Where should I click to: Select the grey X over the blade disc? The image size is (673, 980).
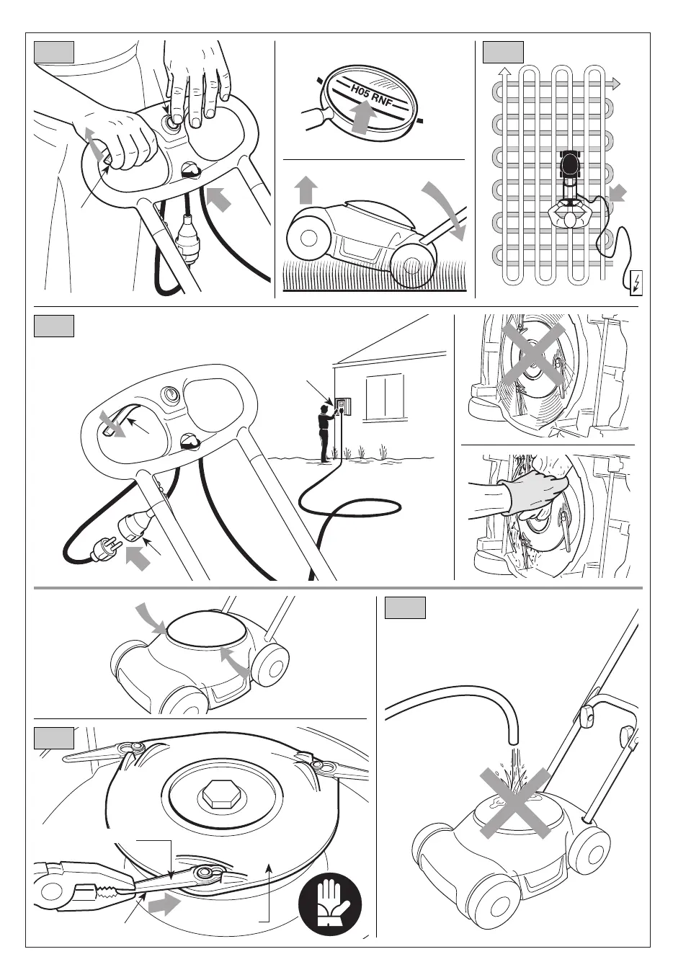coord(534,356)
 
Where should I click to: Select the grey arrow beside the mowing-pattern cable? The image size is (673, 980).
coord(618,193)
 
